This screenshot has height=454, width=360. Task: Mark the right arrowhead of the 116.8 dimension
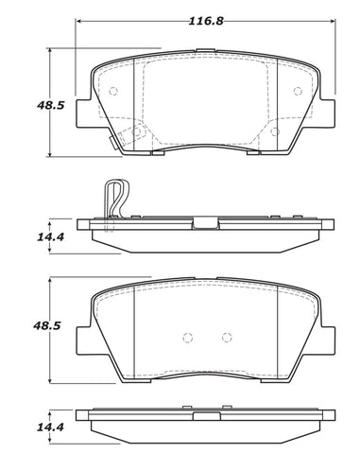(x=335, y=21)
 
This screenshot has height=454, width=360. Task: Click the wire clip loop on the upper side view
(x=114, y=199)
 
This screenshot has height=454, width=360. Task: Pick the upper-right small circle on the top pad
(x=298, y=92)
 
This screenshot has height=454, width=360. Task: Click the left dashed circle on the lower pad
(x=187, y=338)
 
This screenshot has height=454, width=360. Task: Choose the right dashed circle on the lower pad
(x=225, y=338)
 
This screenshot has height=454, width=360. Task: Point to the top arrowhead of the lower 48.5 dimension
(x=49, y=282)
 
